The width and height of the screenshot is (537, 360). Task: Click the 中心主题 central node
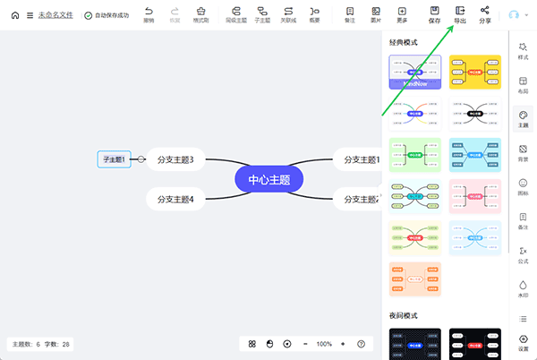(269, 179)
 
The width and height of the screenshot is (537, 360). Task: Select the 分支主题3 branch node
(175, 159)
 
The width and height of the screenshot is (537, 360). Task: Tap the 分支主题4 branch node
(175, 199)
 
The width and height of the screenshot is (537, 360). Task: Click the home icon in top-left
(14, 15)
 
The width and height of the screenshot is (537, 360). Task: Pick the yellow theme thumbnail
(475, 72)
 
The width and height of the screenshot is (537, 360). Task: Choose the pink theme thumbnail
(475, 196)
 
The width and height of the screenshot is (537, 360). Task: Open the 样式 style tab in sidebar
(523, 50)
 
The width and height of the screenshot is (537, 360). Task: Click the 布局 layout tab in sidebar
(523, 85)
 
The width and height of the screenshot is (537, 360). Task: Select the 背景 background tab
(523, 153)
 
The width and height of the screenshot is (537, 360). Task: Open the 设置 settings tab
(523, 342)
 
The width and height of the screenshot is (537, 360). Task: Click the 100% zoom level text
(324, 344)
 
